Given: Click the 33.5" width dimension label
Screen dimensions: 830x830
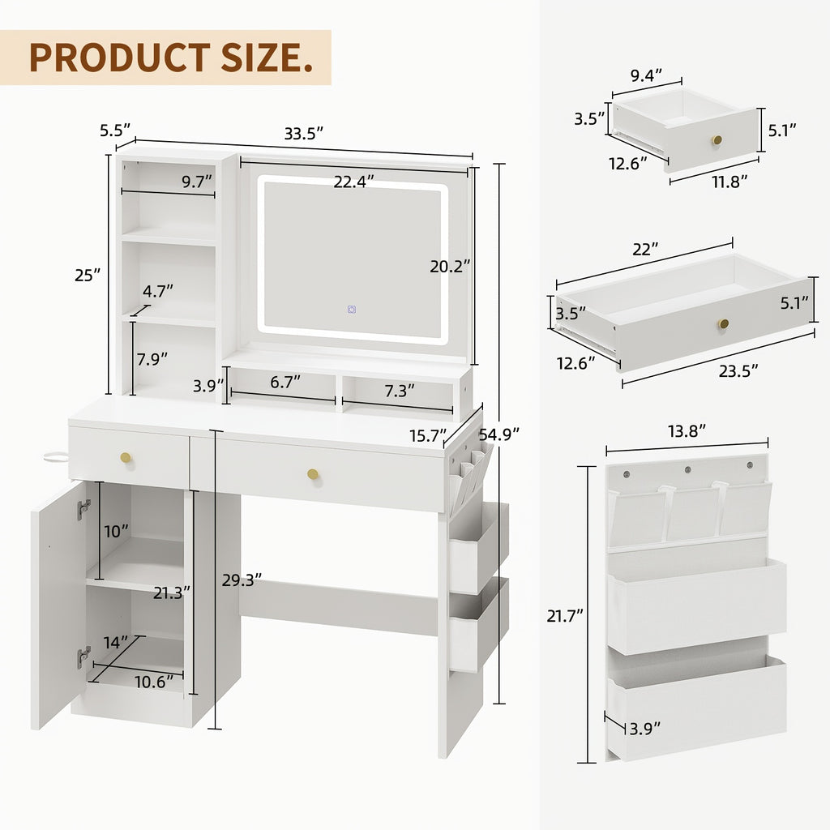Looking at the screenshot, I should [304, 134].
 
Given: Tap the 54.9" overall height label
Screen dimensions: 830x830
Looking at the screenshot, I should [498, 434].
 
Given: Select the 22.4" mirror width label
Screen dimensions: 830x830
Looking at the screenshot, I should [354, 182].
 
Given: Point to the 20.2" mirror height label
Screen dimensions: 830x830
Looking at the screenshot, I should [451, 265].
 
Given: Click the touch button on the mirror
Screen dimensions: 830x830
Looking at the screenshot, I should [352, 309].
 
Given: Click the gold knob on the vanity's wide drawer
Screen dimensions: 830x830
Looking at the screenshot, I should [313, 473].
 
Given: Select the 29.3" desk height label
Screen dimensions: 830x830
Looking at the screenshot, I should [242, 580].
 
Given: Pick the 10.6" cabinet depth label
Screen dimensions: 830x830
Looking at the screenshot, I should [154, 682].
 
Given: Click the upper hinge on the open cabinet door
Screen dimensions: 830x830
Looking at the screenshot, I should [83, 510].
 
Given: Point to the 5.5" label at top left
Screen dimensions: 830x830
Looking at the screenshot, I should [114, 129].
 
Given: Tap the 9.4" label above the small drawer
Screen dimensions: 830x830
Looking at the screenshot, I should [647, 75].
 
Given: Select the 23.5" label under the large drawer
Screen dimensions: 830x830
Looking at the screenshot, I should [738, 370].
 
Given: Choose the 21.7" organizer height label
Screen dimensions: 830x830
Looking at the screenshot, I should [566, 615].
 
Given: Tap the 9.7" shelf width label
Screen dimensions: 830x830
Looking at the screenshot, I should [196, 182].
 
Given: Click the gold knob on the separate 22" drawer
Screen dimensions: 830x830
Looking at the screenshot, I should [723, 323].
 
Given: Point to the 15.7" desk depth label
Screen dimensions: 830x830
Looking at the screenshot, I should [428, 436].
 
